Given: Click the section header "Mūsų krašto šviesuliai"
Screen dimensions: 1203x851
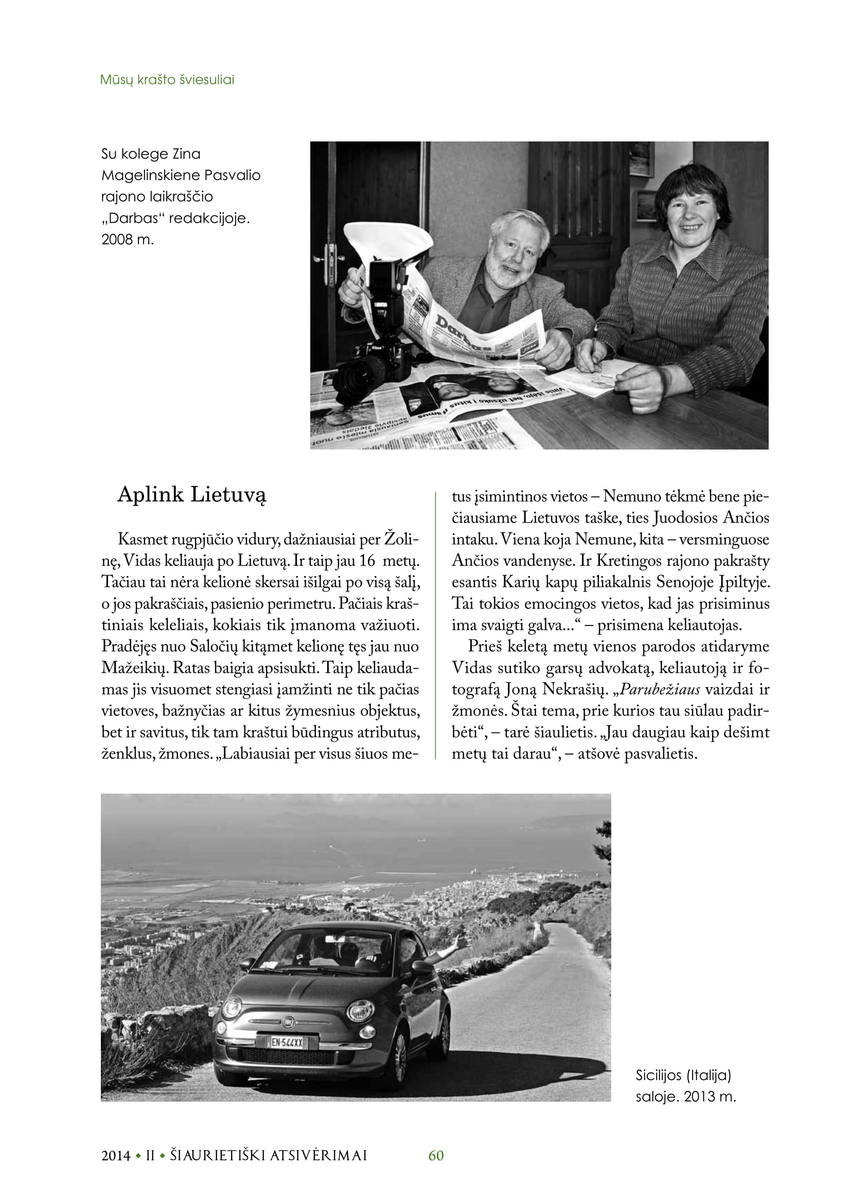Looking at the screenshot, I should (x=167, y=80).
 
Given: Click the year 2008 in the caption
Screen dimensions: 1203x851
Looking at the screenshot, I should (x=116, y=240).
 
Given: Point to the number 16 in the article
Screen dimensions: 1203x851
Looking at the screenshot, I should (x=367, y=561).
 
